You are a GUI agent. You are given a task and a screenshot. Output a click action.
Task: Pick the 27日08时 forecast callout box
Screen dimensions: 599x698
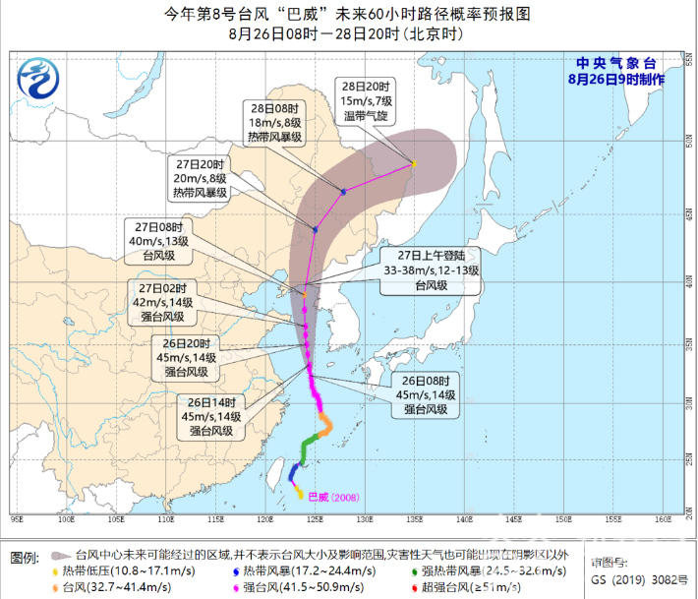coord(163,240)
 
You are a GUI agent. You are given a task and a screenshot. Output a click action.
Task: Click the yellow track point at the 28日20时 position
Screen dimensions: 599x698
coord(415,163)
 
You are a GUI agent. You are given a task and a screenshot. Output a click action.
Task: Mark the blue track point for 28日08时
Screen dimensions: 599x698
coord(343,192)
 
